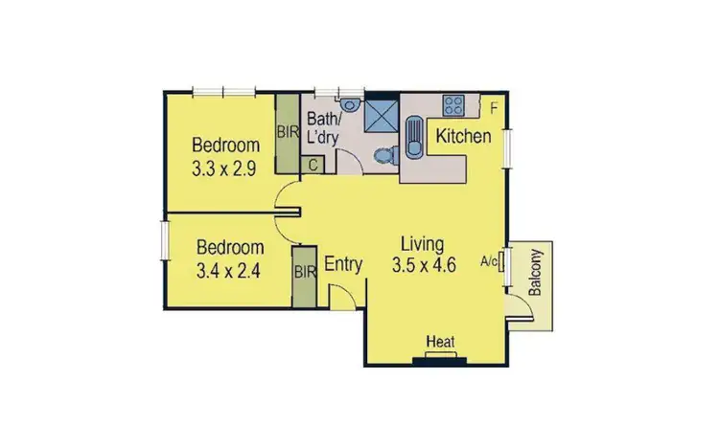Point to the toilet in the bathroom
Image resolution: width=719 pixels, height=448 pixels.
(x=384, y=154)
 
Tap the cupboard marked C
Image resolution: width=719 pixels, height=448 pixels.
(x=313, y=165)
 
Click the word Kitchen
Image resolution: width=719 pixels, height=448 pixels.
(x=464, y=136)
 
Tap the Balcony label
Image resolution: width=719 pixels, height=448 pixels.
(x=536, y=272)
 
